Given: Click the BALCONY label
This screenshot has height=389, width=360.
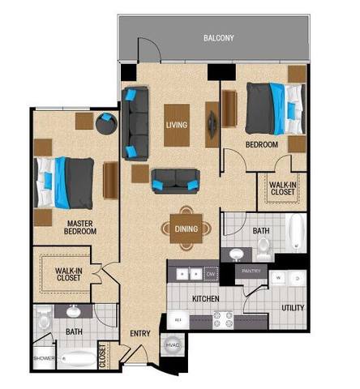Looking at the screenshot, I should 218,37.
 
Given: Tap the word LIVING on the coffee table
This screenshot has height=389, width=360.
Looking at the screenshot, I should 177,125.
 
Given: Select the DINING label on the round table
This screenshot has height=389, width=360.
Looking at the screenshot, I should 186,229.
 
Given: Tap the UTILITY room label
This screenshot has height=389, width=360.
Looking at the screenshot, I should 292,308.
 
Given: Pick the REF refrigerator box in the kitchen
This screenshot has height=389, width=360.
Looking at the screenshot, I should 178,319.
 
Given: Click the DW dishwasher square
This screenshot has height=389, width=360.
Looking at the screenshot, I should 211,275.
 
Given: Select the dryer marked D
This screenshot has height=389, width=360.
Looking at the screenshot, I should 298,278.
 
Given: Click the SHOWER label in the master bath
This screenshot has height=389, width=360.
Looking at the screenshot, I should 43,357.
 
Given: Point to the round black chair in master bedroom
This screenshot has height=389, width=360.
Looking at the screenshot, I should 106,125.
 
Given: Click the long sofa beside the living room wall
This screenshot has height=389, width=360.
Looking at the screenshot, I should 133,123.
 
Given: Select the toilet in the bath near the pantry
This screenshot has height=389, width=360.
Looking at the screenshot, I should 236,254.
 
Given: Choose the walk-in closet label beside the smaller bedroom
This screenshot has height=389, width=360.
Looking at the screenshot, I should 282,188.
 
